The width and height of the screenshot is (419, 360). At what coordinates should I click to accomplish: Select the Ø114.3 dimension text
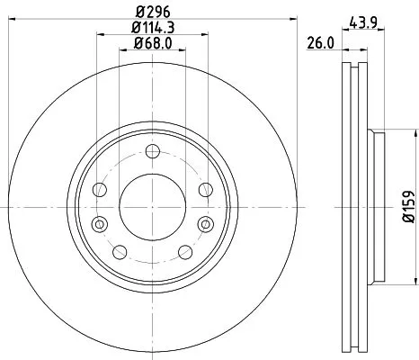click(150, 29)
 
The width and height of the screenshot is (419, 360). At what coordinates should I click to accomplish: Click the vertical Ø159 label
click(406, 207)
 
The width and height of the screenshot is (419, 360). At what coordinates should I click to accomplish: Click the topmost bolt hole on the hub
click(151, 149)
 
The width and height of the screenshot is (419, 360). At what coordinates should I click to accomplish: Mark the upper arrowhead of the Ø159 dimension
click(396, 135)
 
